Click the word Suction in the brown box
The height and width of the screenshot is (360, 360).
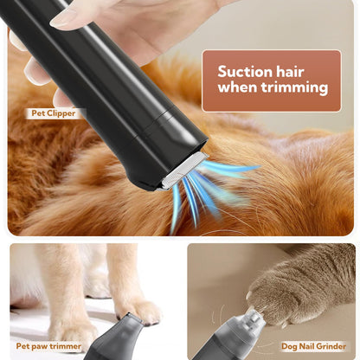click(x=247, y=72)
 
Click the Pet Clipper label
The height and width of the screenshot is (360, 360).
click(x=55, y=113)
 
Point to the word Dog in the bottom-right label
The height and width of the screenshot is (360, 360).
click(x=288, y=345)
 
